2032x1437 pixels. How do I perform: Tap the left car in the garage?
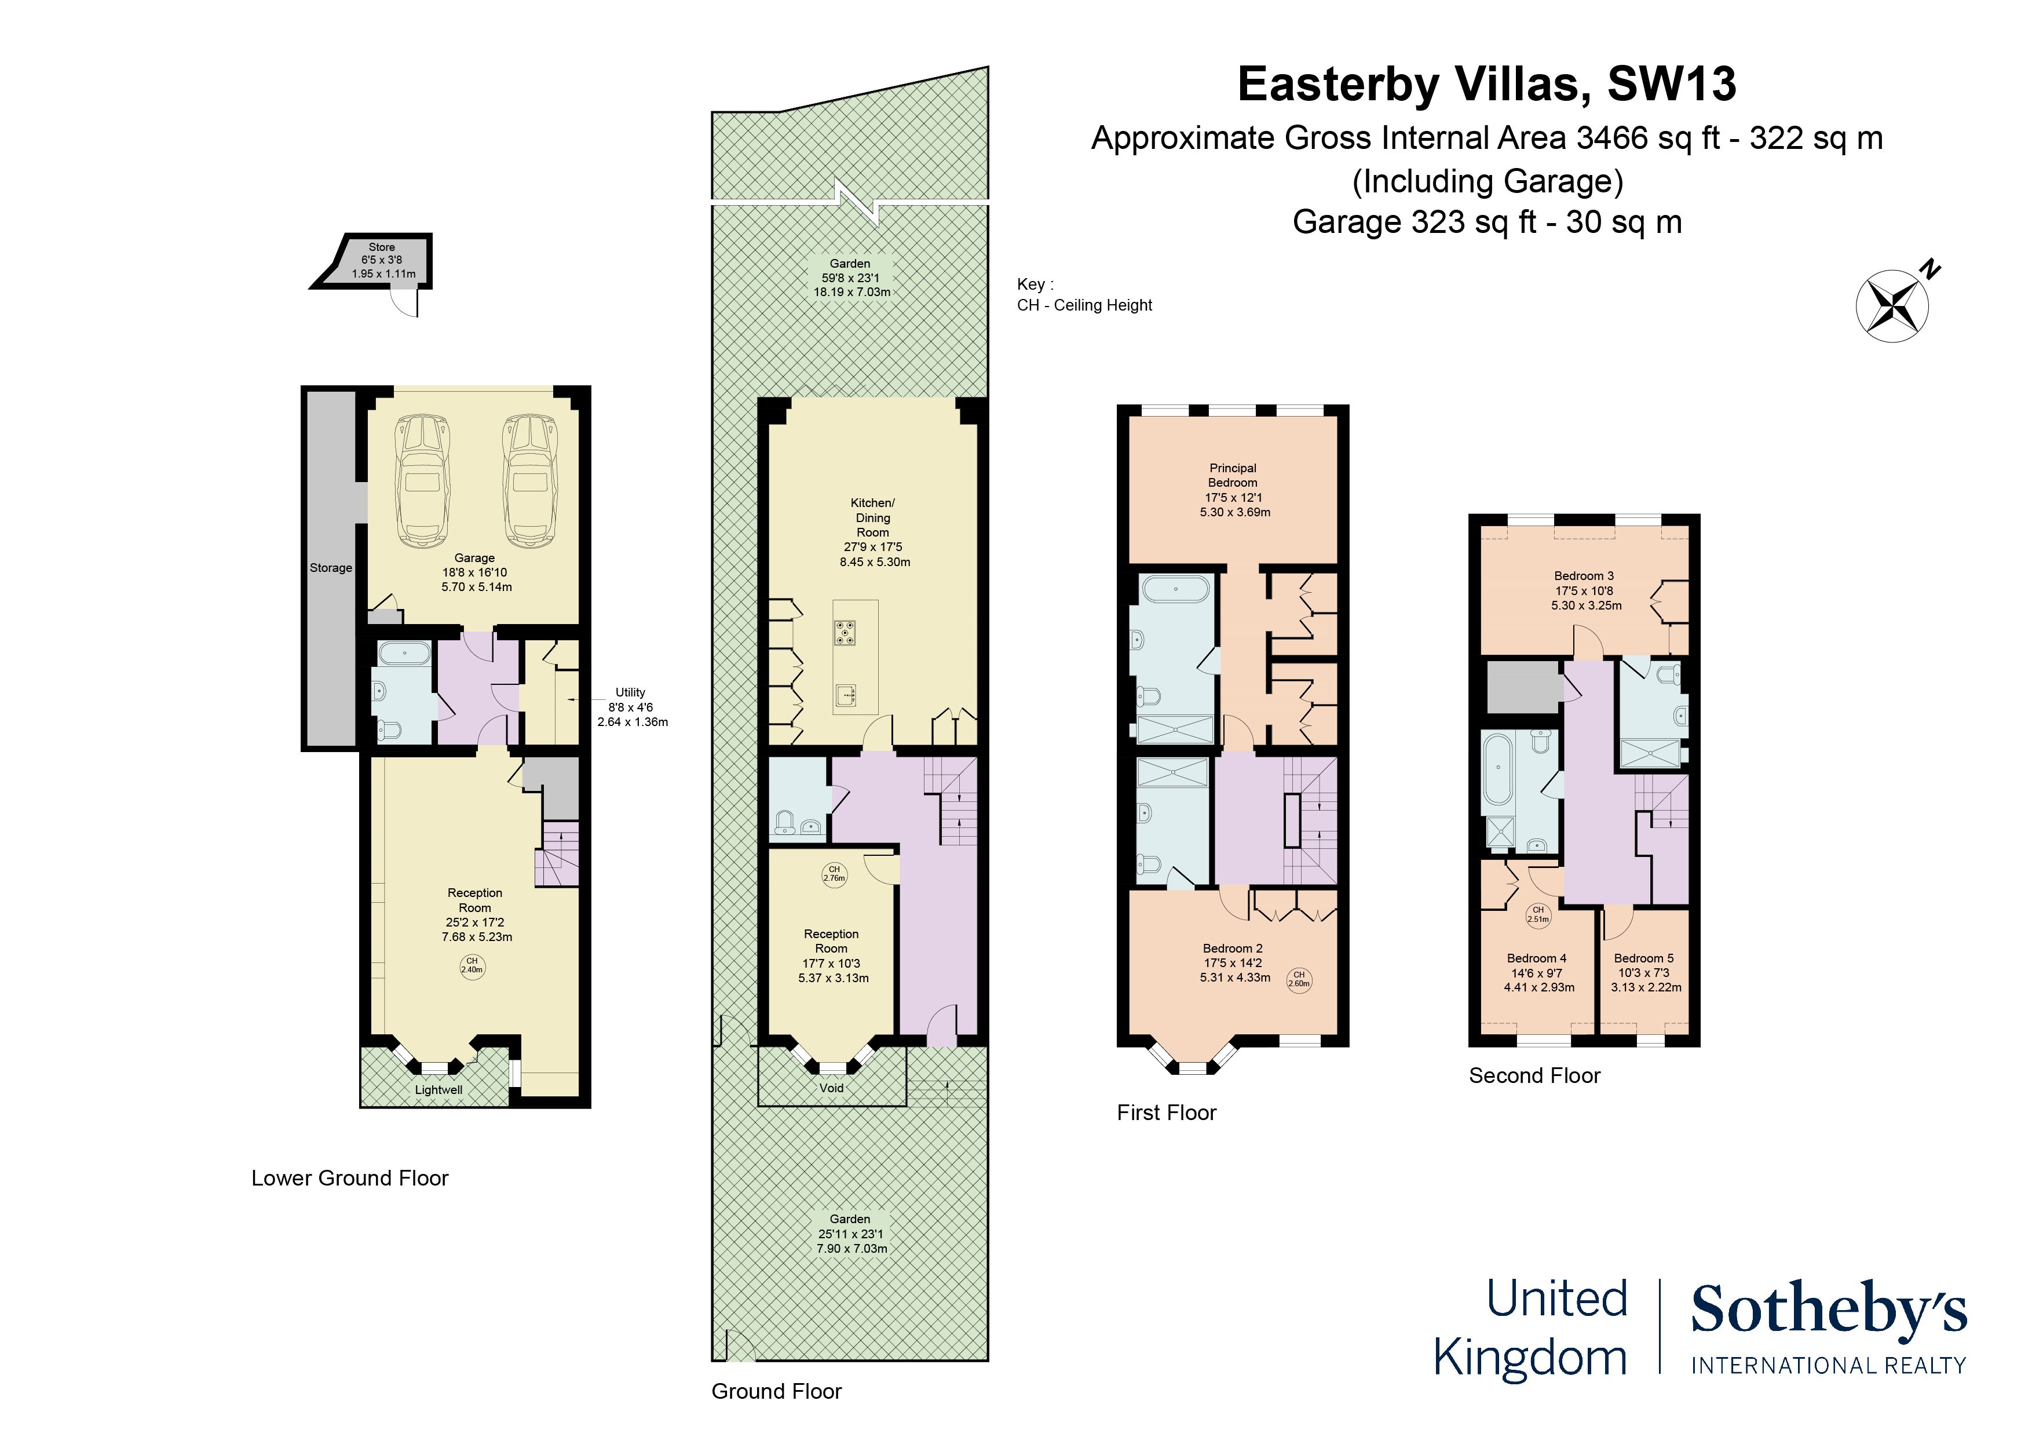tap(423, 481)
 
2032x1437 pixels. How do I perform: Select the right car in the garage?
tap(529, 481)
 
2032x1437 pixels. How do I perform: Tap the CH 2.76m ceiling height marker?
tap(834, 874)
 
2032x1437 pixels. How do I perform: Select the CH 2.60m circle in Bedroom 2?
tap(1298, 979)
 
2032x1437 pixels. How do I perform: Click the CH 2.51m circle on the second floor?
tap(1538, 914)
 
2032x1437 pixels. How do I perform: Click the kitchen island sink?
tap(845, 695)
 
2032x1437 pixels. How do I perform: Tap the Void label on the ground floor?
tap(831, 1088)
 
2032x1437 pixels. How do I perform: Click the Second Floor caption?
tap(1534, 1076)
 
